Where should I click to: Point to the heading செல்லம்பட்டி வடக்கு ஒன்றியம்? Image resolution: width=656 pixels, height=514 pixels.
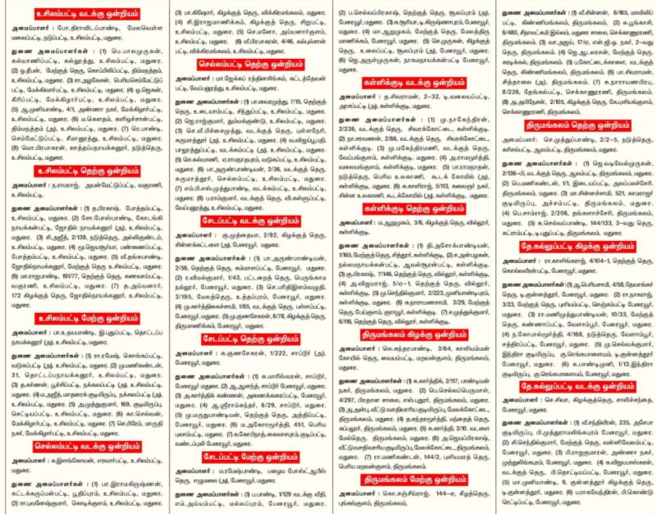(x=80, y=449)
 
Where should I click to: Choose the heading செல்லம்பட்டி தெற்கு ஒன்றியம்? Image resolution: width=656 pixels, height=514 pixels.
(x=244, y=84)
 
